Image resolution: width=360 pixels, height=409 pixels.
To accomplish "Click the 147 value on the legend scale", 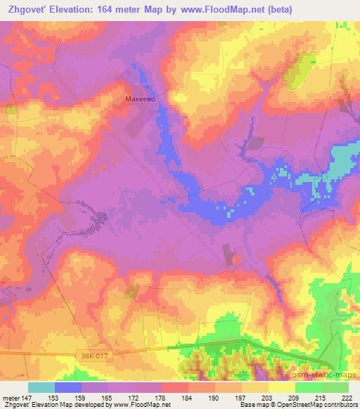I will (27, 397).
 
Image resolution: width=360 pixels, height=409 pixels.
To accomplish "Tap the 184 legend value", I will (188, 397).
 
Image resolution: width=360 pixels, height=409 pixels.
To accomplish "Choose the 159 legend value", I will (82, 397).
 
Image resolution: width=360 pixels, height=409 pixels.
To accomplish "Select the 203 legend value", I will (268, 397).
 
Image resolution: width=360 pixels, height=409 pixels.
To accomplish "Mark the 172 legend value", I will (135, 397).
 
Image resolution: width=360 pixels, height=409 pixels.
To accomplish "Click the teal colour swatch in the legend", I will (41, 387).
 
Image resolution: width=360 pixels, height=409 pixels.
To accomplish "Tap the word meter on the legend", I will (11, 397).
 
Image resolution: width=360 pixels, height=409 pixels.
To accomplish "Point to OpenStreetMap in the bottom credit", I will (320, 405).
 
